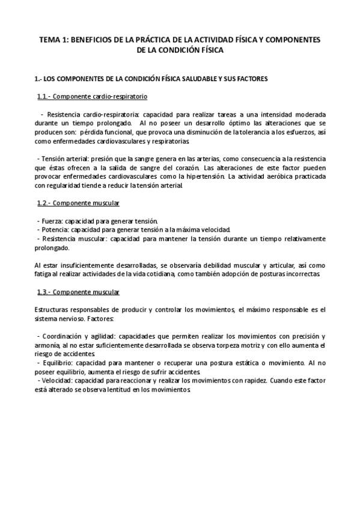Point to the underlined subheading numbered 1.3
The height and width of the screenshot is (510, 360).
point(78,292)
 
